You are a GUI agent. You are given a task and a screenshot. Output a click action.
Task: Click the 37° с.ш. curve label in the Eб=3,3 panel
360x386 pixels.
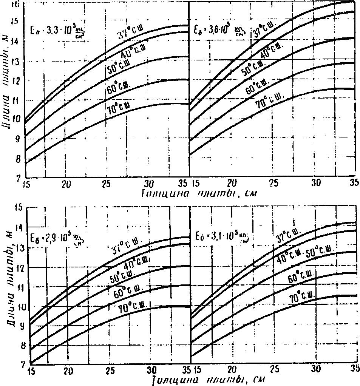click(128, 33)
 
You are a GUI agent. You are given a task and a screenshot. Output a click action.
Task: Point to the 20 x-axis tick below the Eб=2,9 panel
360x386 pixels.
click(68, 369)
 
